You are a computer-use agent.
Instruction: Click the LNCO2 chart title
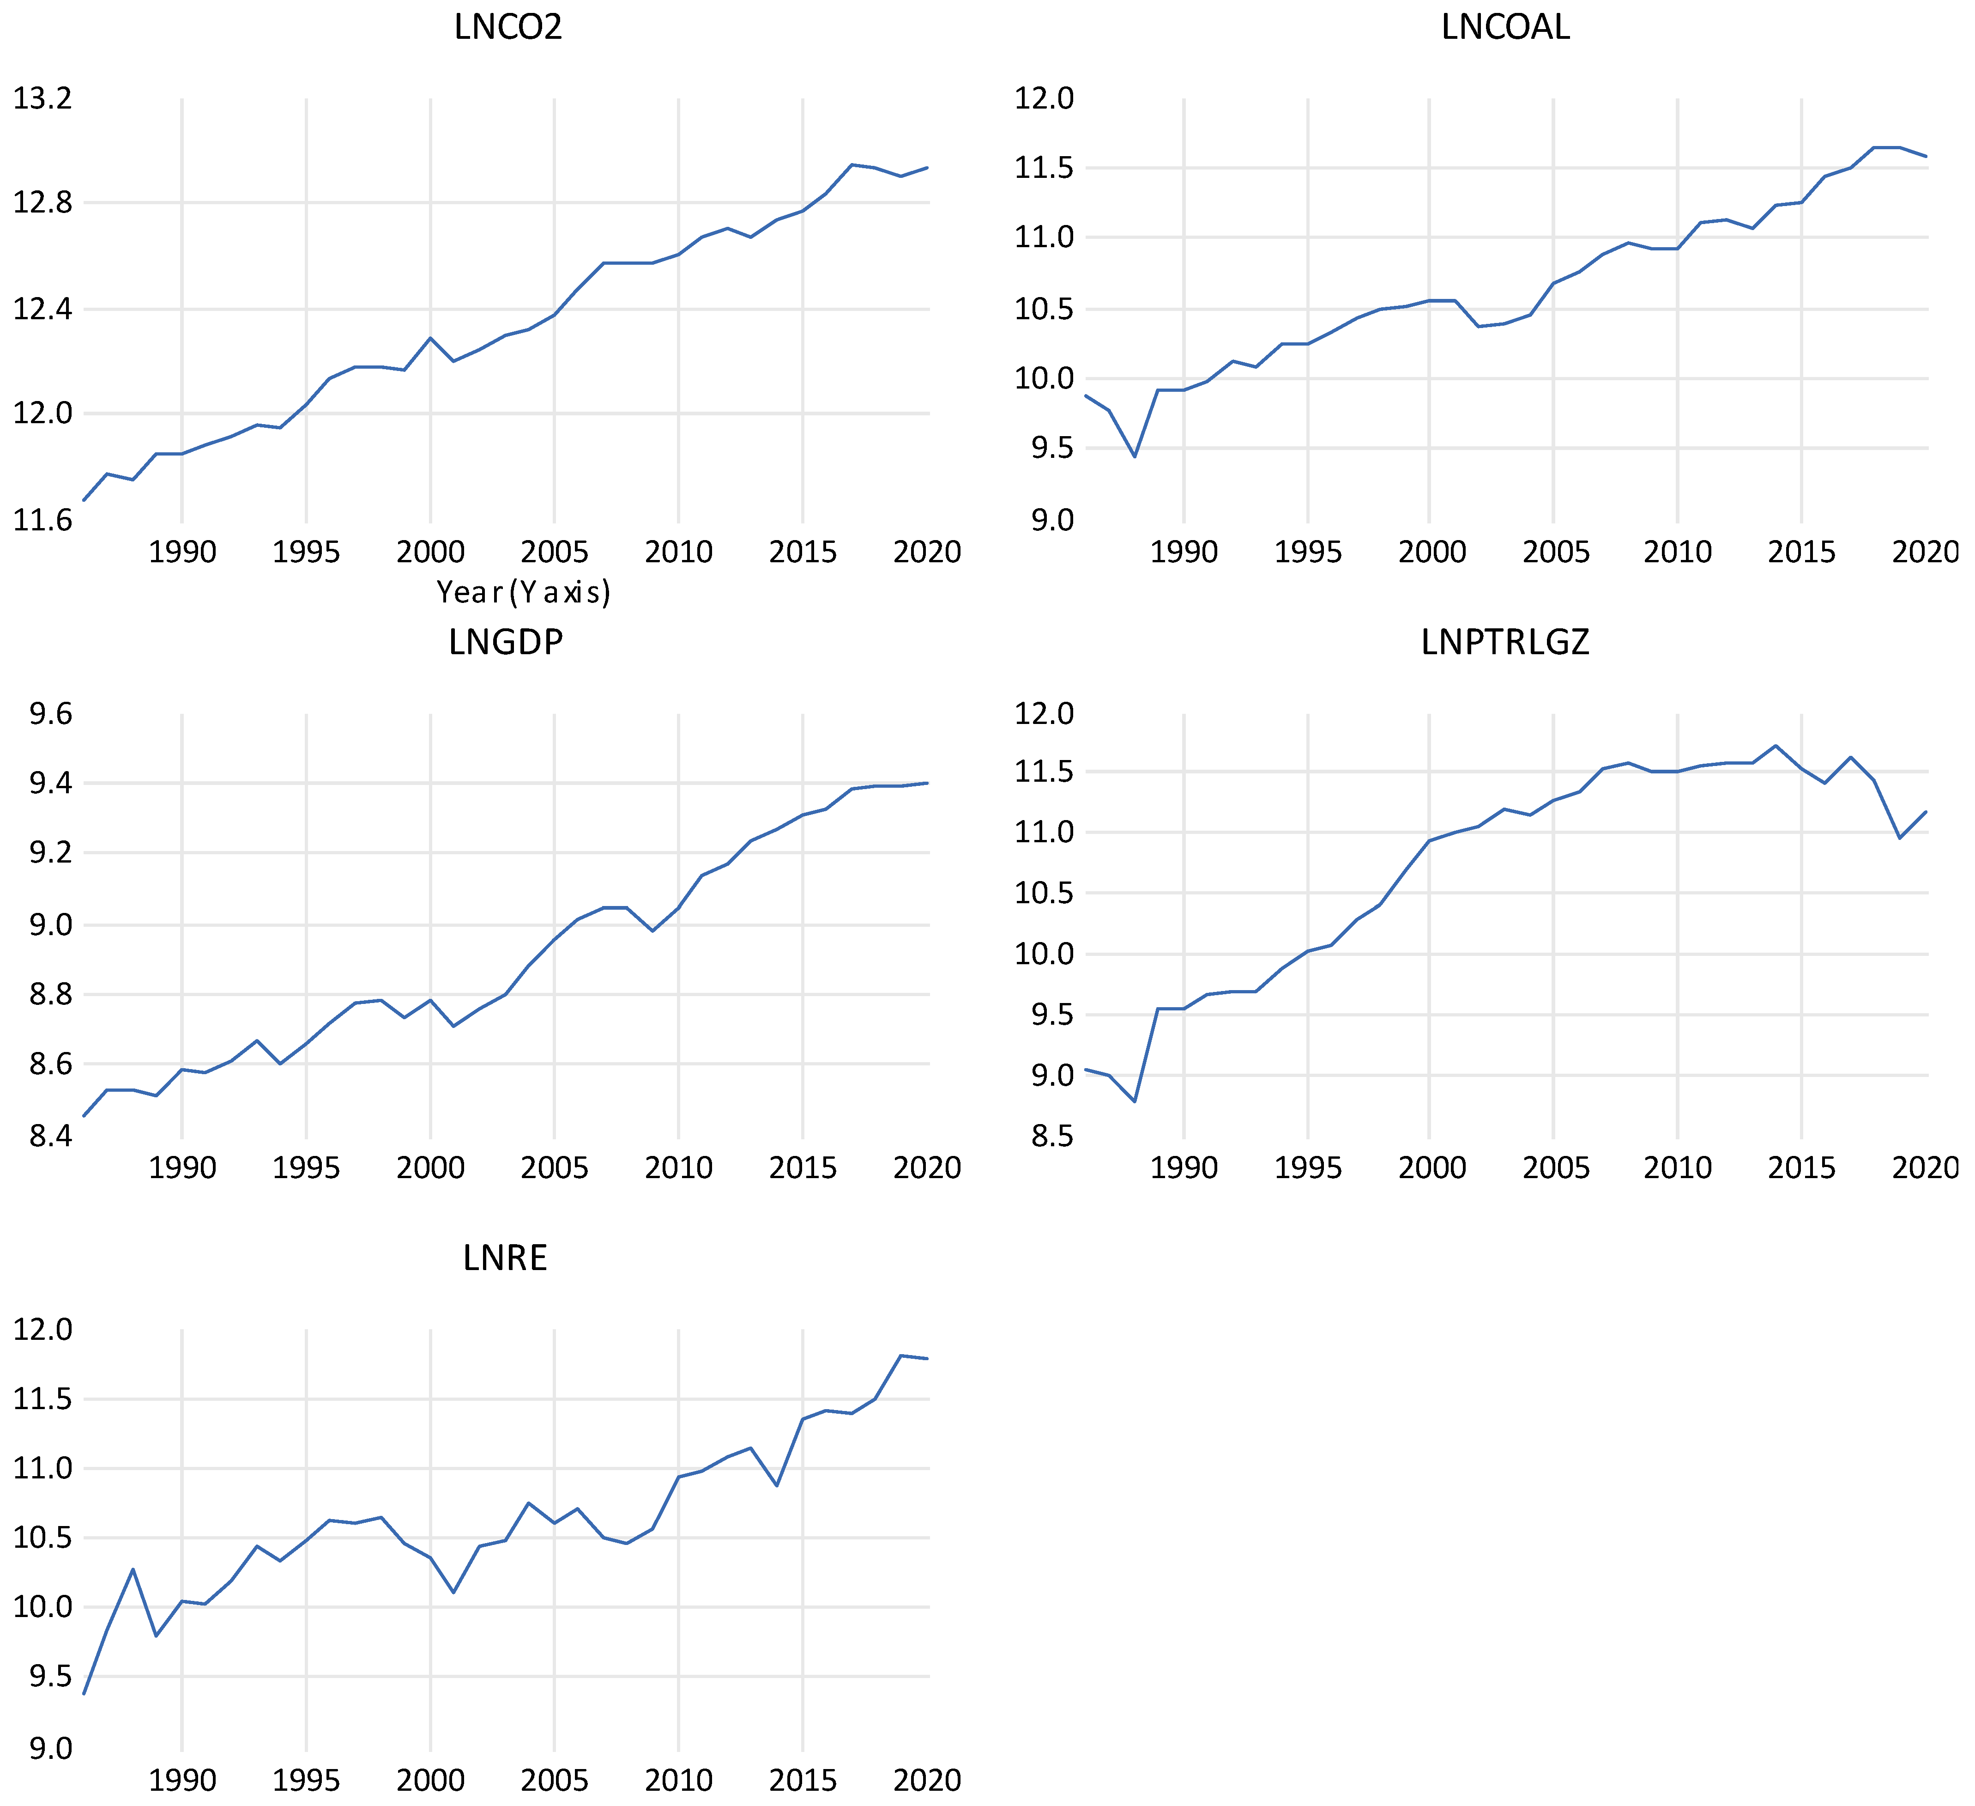coord(508,27)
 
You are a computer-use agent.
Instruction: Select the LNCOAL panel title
coord(1506,27)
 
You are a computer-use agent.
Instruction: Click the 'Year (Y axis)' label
coord(523,592)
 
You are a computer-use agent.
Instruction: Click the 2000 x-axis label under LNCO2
coord(430,552)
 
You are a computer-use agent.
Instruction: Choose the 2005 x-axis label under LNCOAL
coord(1555,552)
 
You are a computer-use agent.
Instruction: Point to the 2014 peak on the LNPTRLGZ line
coord(1776,746)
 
